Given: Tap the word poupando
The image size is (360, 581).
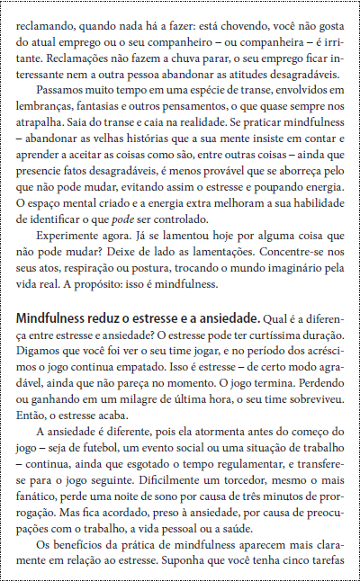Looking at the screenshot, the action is (x=279, y=186).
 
